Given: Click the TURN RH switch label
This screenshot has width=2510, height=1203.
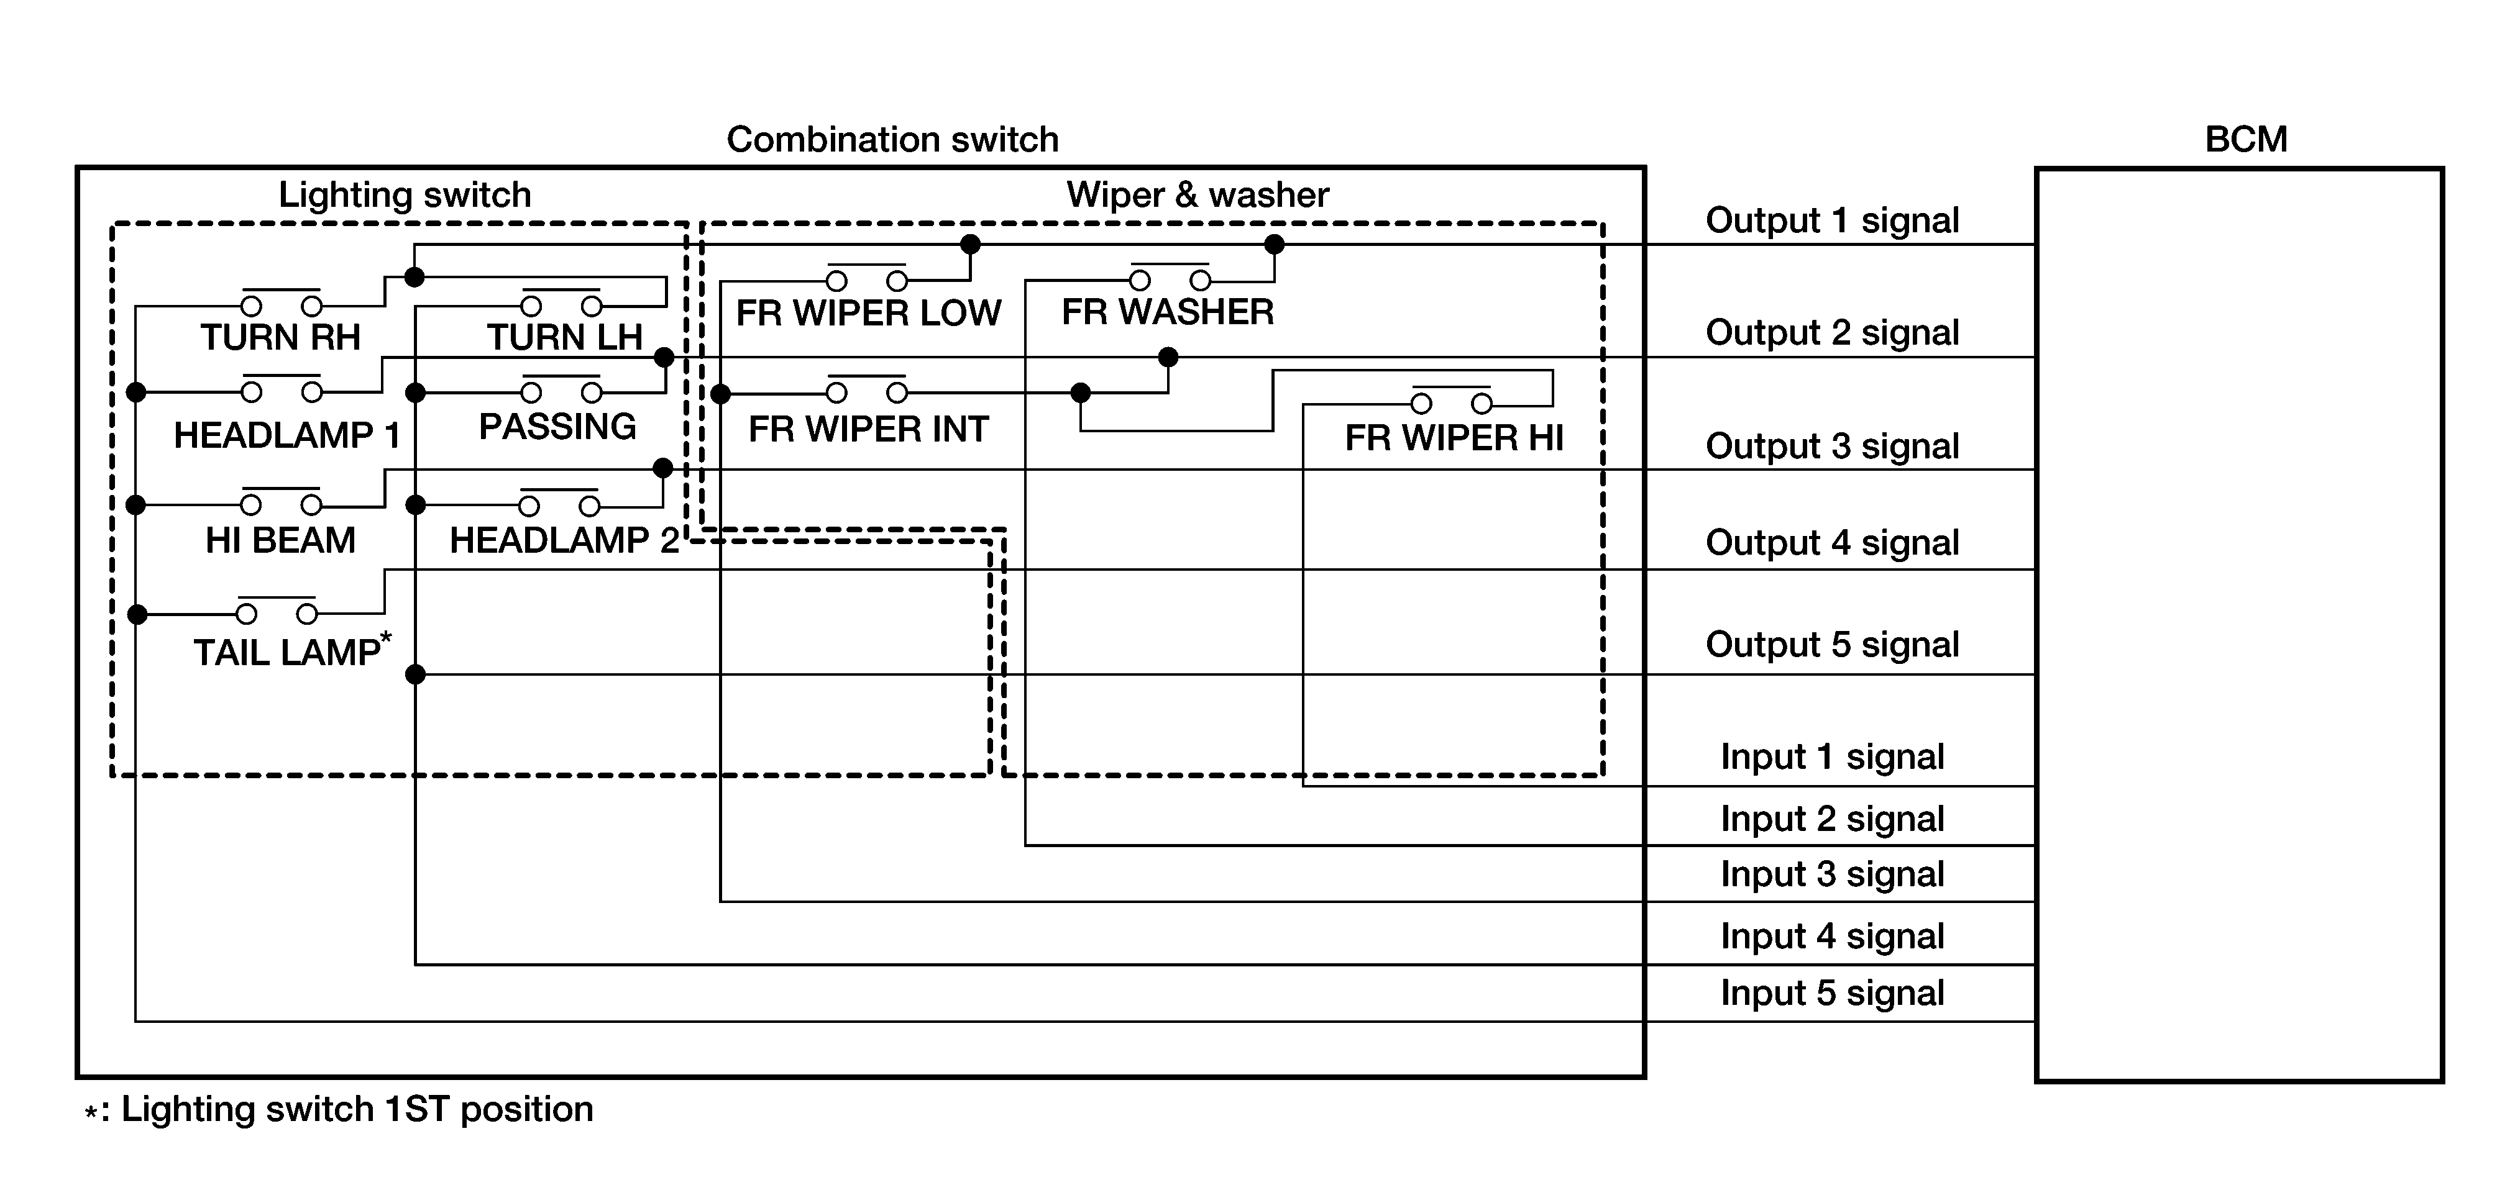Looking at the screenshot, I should (281, 338).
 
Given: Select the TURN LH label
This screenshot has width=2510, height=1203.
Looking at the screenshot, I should (564, 338).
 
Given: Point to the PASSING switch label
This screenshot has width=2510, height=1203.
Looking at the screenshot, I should (557, 427).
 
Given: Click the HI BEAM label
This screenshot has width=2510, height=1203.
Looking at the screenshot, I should (281, 540).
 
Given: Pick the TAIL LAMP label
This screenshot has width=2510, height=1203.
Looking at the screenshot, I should (288, 651).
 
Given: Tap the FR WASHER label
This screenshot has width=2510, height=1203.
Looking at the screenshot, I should (1167, 312).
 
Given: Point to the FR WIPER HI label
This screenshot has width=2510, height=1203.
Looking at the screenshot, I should (1454, 438).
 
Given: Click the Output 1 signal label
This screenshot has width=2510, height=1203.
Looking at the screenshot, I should (1832, 221).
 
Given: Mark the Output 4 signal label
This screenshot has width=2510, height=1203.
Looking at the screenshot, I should (1832, 543).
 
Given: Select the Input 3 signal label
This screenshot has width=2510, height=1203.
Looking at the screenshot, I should (1832, 874).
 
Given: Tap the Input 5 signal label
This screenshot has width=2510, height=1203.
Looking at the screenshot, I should (1832, 992).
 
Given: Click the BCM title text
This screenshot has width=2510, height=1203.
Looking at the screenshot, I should (2246, 139).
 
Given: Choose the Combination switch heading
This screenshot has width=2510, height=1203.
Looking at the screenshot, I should (892, 139).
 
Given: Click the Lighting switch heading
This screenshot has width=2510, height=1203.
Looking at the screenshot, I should (405, 195).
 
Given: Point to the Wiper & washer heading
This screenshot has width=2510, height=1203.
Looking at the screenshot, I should (1198, 195).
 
